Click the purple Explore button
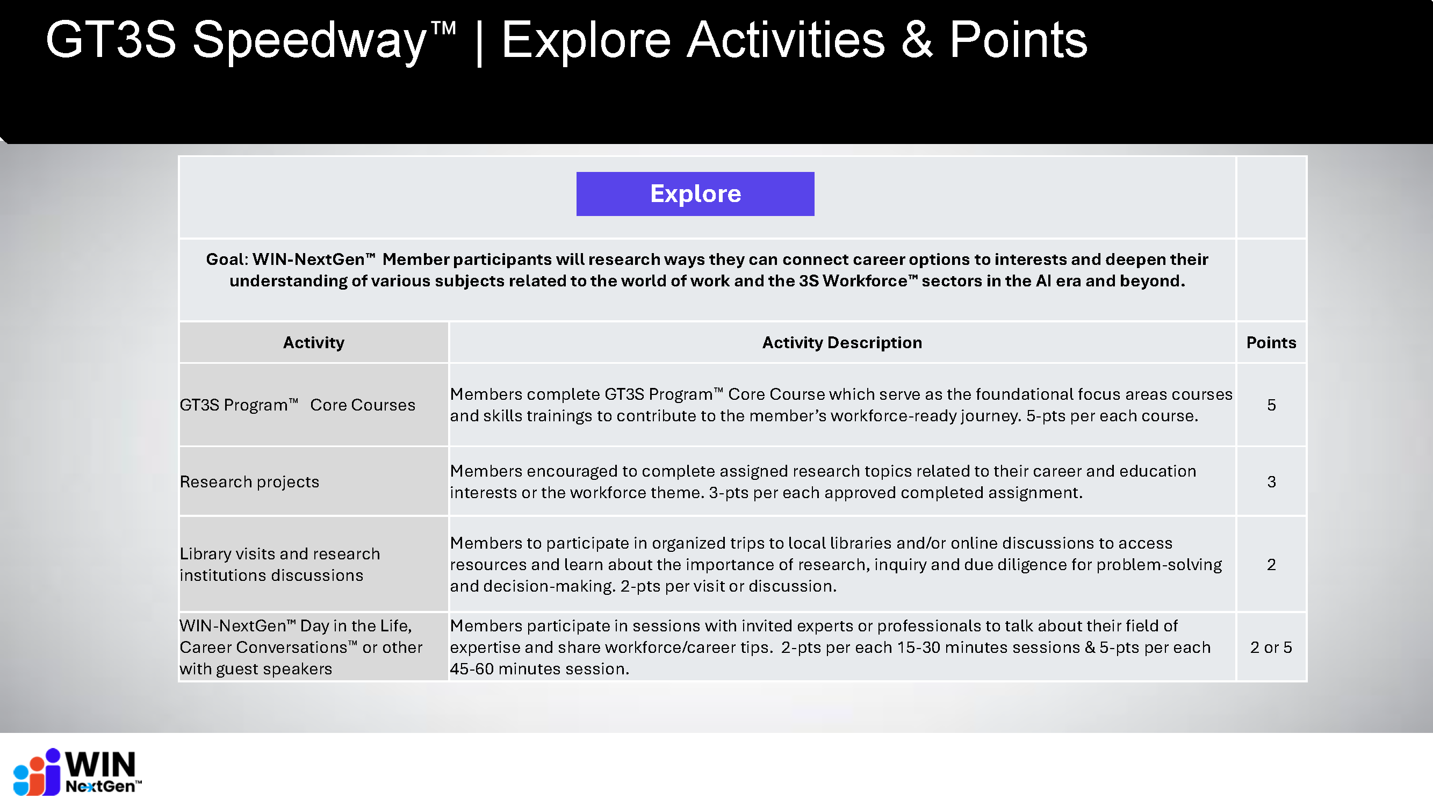click(695, 193)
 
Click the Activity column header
click(313, 342)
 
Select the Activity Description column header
click(841, 342)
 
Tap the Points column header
click(1271, 342)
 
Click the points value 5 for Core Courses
click(1271, 405)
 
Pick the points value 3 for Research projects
click(1271, 481)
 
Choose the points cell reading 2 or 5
click(1271, 647)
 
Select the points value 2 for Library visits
click(1271, 565)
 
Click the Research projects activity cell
click(249, 481)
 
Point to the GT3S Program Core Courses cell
click(297, 405)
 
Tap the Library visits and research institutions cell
click(279, 564)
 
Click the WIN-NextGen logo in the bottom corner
click(77, 772)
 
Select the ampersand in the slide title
click(916, 40)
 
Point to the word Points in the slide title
click(1018, 40)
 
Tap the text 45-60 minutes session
click(538, 668)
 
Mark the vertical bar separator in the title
click(479, 42)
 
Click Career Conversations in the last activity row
click(264, 647)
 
